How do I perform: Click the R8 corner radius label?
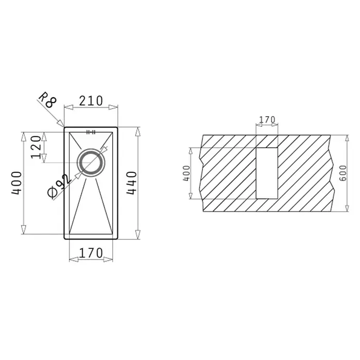(47, 100)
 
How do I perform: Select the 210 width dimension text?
(91, 101)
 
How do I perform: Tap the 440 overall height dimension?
(132, 183)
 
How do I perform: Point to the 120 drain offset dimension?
(36, 147)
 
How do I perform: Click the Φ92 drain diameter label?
(58, 186)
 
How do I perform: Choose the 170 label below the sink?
(91, 253)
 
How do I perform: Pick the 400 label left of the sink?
(17, 183)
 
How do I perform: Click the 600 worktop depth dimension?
(343, 173)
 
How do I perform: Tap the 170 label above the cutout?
(267, 119)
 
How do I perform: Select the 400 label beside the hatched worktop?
(186, 173)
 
